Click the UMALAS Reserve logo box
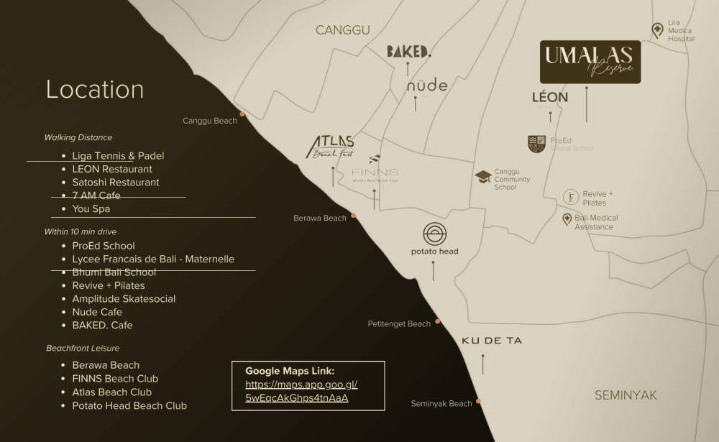click(x=590, y=62)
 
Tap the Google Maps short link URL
click(x=301, y=391)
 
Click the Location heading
click(x=95, y=89)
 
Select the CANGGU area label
click(x=343, y=29)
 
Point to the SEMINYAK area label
click(x=626, y=395)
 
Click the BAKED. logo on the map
click(x=408, y=51)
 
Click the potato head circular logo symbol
click(x=434, y=234)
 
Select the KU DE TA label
click(x=492, y=341)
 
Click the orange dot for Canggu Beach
click(x=242, y=114)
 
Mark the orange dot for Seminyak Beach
click(x=479, y=401)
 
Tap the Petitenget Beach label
click(x=399, y=324)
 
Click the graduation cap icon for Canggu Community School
click(x=482, y=176)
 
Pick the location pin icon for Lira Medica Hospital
click(x=657, y=30)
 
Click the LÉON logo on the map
click(x=550, y=97)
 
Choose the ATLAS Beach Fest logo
click(x=331, y=146)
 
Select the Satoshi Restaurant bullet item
click(x=116, y=183)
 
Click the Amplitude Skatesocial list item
click(x=124, y=299)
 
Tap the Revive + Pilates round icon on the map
click(x=570, y=197)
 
